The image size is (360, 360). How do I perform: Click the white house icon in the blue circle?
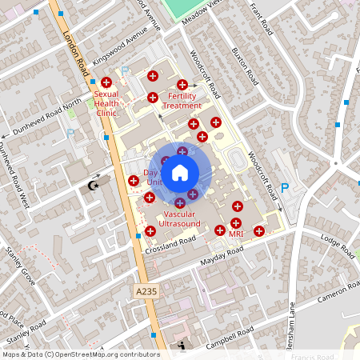180,171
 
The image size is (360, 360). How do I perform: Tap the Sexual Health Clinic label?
106,103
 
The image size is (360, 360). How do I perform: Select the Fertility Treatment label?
182,100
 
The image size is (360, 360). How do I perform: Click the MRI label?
236,234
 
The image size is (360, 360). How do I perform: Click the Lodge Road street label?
337,244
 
